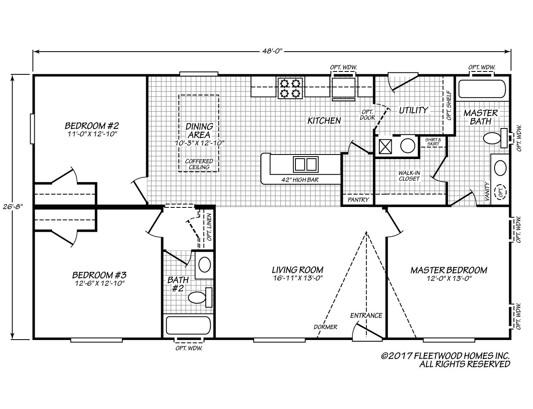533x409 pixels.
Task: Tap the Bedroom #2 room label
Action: (x=92, y=126)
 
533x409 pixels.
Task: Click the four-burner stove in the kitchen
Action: (x=290, y=88)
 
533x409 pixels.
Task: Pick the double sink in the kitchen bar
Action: (x=305, y=164)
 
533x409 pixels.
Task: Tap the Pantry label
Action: (x=357, y=200)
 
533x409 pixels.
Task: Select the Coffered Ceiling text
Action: (x=199, y=164)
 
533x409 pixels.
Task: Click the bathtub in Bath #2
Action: (x=188, y=325)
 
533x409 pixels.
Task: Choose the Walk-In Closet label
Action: (x=409, y=176)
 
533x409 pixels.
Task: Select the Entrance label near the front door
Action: (x=366, y=316)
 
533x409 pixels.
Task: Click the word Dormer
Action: (x=325, y=327)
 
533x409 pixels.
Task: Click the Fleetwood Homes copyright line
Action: (x=445, y=356)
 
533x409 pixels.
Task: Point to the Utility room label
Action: (x=413, y=110)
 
